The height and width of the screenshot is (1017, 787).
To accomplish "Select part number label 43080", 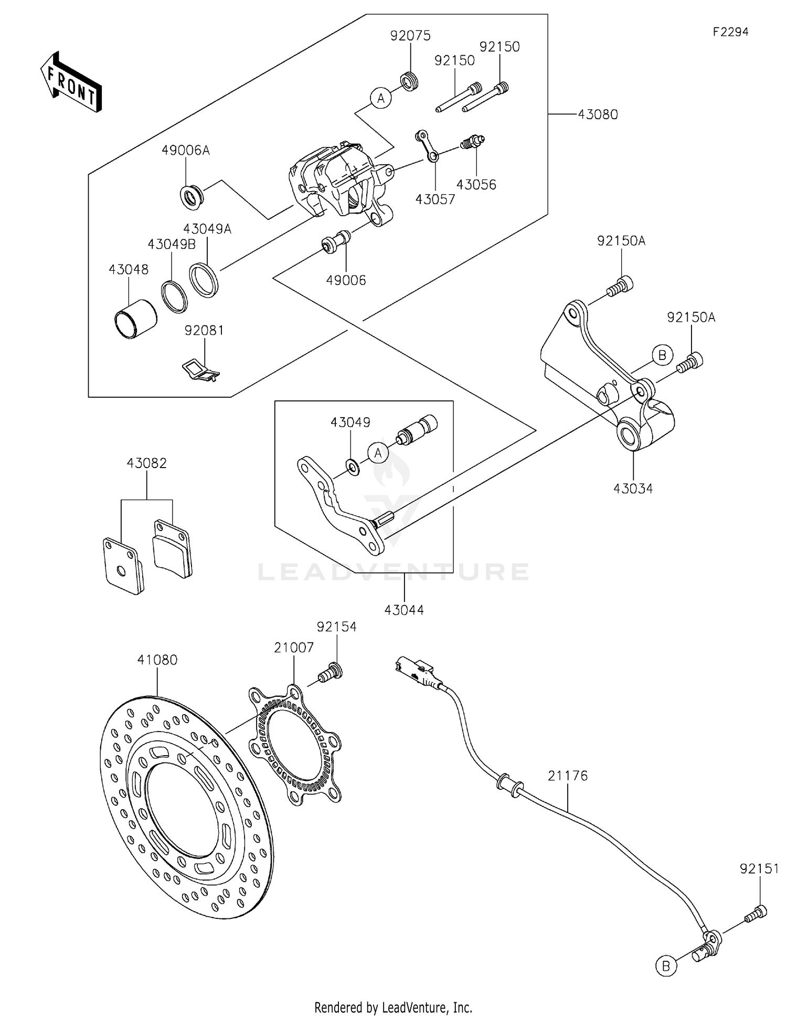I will coord(598,114).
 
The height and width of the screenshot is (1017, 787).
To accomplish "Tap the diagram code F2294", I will coord(730,32).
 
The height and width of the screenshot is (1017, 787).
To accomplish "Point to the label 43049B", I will coord(172,244).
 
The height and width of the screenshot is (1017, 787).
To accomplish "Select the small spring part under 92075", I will coord(409,82).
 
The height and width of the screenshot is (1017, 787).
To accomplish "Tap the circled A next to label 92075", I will coord(381,98).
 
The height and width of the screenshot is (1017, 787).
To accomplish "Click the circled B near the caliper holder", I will coord(662,355).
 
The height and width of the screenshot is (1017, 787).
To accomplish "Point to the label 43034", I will coord(633,489).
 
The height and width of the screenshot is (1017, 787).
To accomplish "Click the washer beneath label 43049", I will coord(353,465).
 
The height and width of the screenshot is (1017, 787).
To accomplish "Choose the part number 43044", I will coord(404,610).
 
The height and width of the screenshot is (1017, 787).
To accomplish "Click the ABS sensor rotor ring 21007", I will coord(294,745).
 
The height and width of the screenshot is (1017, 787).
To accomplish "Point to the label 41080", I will coord(157,660).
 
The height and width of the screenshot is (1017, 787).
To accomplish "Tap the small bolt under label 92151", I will coord(756,914).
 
